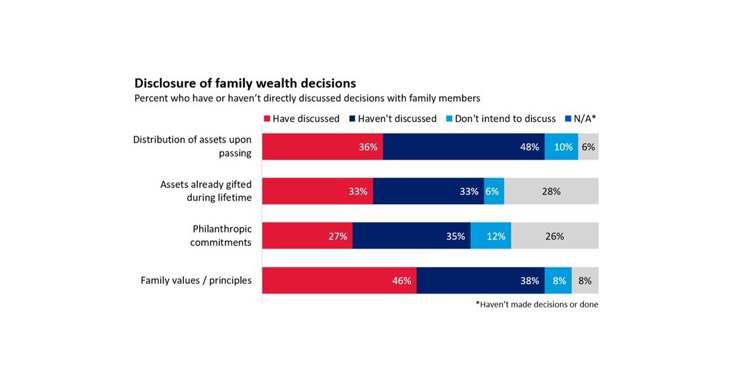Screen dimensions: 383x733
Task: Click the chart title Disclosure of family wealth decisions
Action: pos(245,82)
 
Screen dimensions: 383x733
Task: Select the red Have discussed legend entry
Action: pos(301,119)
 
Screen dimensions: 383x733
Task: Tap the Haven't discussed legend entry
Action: pos(393,119)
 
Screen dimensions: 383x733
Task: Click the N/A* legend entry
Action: pos(581,119)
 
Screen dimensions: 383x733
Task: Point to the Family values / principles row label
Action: pos(196,280)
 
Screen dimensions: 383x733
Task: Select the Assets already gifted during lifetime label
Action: pos(206,191)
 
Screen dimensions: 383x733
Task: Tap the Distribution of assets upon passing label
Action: pos(192,147)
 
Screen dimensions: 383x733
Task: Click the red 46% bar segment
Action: pos(339,280)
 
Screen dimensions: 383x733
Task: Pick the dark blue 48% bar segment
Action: pos(464,147)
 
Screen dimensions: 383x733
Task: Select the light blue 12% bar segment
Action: pos(490,236)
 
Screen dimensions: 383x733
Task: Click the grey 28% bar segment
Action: pos(551,191)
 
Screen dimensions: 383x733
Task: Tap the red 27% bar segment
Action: pos(307,236)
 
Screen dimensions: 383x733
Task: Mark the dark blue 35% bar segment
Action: pos(411,236)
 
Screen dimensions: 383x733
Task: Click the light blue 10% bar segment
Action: pos(561,147)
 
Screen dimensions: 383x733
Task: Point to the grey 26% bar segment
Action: pos(555,236)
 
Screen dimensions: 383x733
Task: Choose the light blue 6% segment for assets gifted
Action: pos(494,191)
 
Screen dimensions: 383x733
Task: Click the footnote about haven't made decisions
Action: pos(537,305)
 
